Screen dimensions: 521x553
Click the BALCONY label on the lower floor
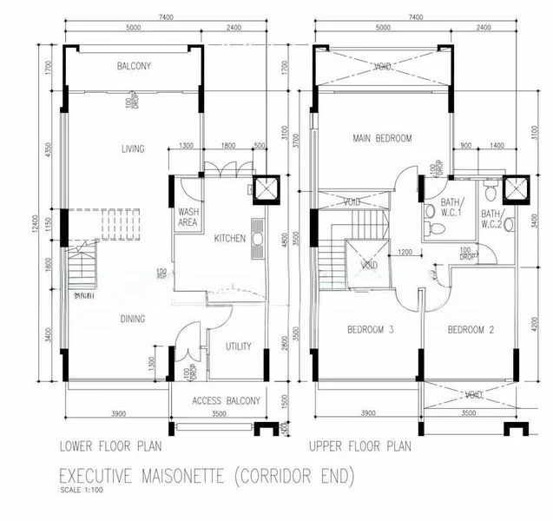click(134, 66)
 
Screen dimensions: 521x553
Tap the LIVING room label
click(133, 149)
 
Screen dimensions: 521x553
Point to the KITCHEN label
click(230, 238)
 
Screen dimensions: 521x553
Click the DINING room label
click(133, 319)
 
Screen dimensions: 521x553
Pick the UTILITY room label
click(238, 346)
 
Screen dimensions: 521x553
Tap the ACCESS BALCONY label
click(226, 400)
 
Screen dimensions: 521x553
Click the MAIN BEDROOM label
click(381, 138)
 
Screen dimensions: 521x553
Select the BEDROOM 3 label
click(371, 330)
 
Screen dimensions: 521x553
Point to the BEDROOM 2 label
click(471, 330)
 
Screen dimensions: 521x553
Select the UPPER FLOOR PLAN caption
click(359, 448)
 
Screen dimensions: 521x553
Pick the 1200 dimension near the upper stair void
click(405, 253)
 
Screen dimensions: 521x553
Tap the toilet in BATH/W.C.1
click(438, 228)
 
